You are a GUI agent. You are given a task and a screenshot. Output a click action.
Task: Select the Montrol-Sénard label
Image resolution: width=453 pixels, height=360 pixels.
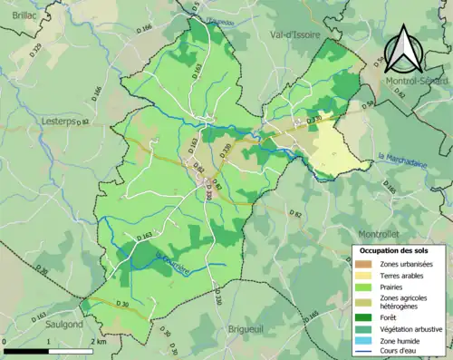tap(416, 82)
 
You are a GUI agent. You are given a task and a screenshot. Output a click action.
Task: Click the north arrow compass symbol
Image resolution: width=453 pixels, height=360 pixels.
tap(404, 50)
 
